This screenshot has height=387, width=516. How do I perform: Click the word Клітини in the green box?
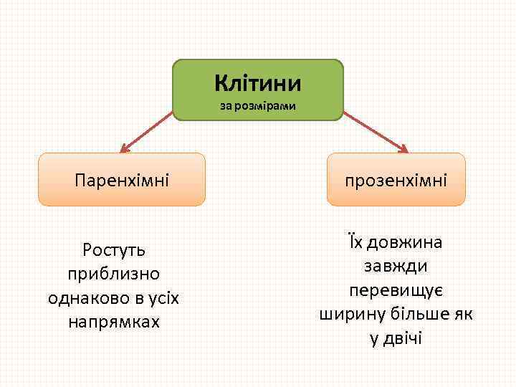(258, 84)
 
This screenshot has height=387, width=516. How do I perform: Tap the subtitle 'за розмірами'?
(258, 107)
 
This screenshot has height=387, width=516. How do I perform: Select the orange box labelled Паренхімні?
(121, 179)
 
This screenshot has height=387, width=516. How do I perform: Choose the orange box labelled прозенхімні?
(396, 179)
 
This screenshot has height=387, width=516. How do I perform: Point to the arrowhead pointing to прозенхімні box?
(403, 149)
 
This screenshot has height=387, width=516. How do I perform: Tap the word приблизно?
(114, 274)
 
